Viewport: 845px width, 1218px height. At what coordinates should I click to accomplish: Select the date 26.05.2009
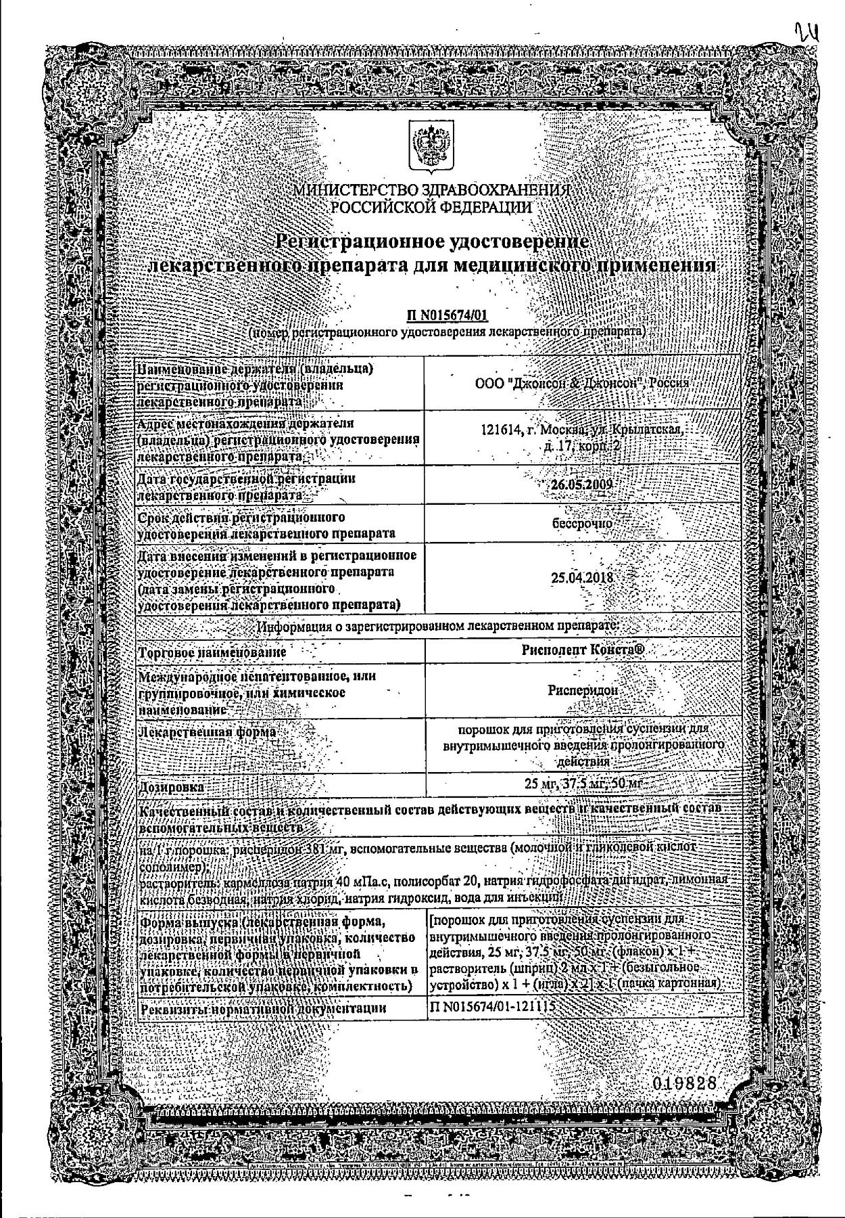(581, 485)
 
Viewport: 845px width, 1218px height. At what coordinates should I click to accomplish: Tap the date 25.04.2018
(582, 578)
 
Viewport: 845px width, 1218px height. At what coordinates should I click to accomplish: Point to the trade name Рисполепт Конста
(583, 650)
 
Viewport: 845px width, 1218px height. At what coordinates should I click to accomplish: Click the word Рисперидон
(583, 691)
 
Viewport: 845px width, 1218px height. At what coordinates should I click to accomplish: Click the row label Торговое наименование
(212, 652)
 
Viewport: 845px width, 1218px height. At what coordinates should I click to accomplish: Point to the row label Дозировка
(171, 787)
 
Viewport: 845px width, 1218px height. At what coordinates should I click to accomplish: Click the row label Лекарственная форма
(206, 732)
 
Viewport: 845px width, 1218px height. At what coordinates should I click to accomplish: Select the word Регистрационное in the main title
(358, 241)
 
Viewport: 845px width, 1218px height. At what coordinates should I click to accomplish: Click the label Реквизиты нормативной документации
(262, 1008)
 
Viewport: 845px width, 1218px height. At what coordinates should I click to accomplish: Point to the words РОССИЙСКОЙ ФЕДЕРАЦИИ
(431, 207)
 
